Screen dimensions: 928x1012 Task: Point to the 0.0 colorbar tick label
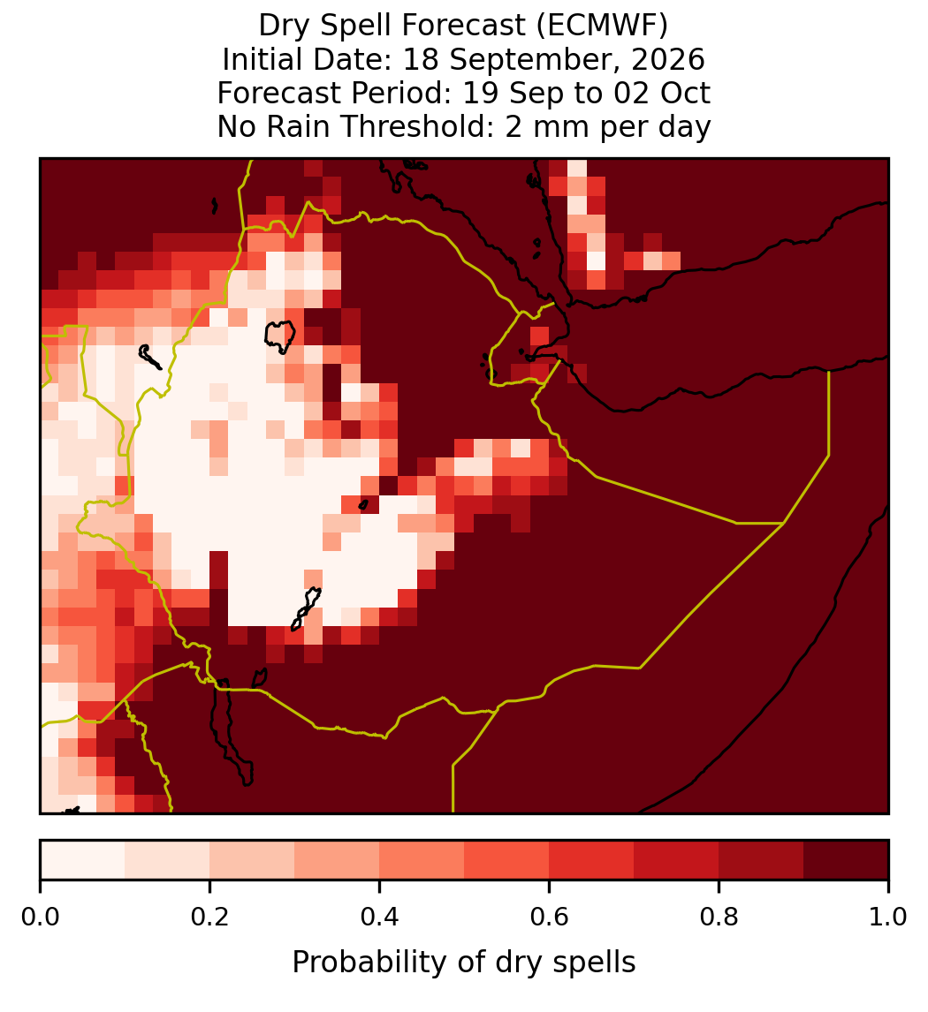40,918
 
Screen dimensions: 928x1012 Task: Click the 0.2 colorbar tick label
209,918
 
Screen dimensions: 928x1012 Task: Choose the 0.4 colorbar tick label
380,918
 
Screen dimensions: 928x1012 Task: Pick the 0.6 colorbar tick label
549,918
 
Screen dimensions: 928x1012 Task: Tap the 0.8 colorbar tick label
719,918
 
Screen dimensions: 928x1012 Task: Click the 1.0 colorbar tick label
888,918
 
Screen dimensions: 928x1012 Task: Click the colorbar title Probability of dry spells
464,963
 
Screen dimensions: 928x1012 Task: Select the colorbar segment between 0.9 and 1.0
846,860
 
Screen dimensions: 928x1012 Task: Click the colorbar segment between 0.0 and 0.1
83,860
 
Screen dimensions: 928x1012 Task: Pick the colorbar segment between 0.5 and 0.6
506,860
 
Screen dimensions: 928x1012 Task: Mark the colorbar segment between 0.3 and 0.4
337,860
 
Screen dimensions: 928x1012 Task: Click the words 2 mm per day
608,127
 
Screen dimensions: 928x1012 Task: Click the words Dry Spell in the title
327,26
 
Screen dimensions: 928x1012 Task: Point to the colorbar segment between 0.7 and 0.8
676,860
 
